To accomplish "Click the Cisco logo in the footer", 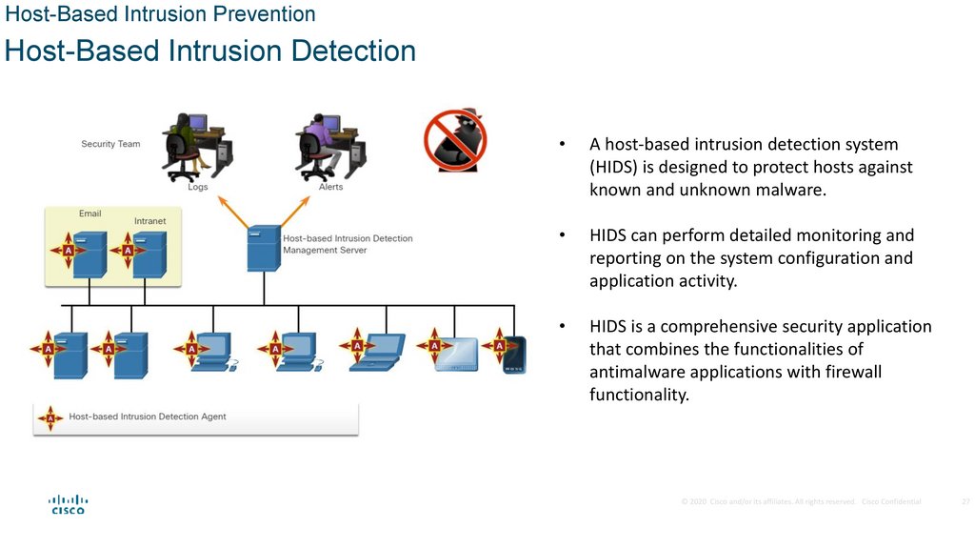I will coord(68,504).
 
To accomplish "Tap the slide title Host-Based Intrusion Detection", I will coord(210,51).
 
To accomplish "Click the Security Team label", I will coord(110,145).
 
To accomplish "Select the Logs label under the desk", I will coord(197,187).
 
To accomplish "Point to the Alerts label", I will coord(330,187).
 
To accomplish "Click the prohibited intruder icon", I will coord(455,139).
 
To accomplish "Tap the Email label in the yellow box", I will coord(90,213).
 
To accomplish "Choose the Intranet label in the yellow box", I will coord(149,221).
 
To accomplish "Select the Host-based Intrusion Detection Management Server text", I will coord(348,244).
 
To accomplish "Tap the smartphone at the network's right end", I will coord(515,354).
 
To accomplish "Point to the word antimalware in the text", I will coord(635,372).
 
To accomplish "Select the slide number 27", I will coord(965,501).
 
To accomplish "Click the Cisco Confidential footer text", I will coord(891,501).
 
